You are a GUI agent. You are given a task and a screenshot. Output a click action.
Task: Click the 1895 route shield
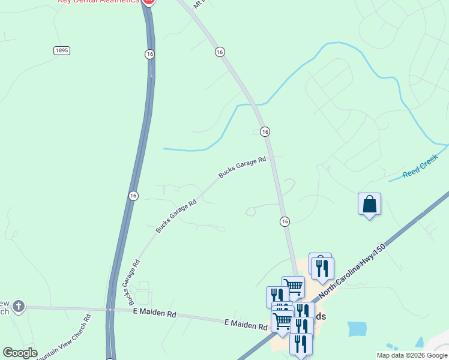61,50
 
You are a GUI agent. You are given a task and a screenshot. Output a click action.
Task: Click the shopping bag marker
369,205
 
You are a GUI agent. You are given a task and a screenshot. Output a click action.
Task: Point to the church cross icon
19,307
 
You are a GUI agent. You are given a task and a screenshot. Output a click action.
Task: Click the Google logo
20,353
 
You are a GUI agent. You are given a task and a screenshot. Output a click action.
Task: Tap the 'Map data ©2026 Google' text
412,355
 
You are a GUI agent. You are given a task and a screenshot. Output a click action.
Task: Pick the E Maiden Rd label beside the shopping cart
245,325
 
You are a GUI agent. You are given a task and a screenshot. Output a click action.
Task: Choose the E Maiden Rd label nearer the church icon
154,314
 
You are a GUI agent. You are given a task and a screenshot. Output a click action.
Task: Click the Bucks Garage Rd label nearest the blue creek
242,167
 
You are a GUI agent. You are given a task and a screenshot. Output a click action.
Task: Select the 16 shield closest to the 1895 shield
149,54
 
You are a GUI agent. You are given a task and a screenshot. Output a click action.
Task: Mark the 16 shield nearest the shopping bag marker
285,221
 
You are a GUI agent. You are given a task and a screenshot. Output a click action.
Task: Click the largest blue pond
357,329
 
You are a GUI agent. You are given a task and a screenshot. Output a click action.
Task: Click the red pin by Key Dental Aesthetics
148,2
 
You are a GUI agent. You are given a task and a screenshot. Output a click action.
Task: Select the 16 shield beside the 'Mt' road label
220,52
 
